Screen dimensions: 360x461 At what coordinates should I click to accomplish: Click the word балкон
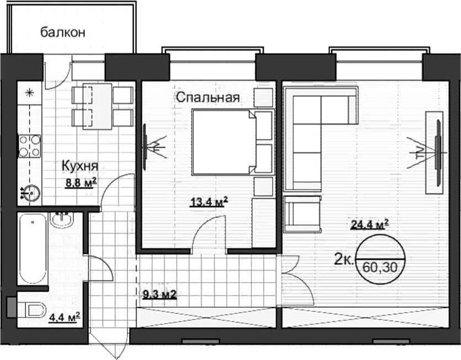coord(63,32)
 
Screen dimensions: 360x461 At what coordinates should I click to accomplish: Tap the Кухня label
coord(79,165)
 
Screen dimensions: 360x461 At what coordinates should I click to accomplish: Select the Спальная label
coord(208,98)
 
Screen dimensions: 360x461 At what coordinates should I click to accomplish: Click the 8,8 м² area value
coord(81,184)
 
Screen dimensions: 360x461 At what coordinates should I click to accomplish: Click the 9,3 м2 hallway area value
coord(159,295)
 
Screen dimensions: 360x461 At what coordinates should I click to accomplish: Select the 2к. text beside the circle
coord(344,258)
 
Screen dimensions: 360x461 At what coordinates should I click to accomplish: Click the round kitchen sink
coord(30,192)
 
